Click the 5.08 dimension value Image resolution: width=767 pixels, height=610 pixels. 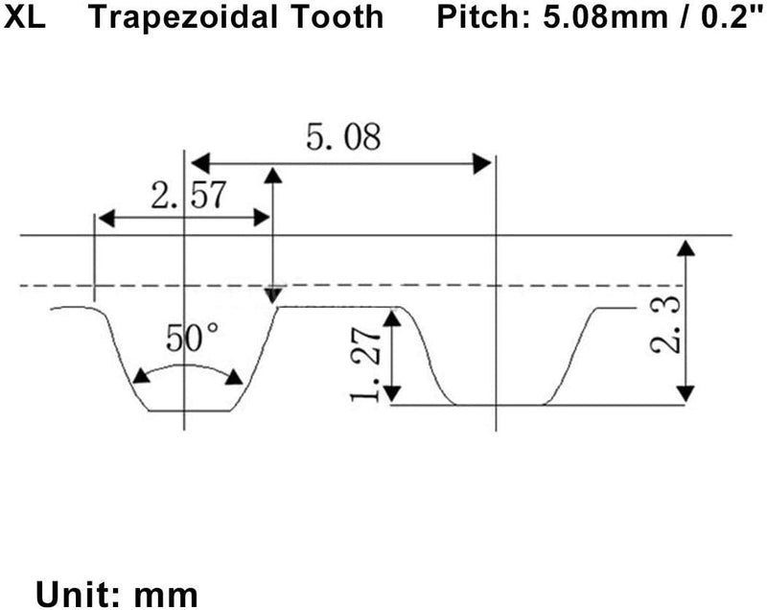click(x=343, y=137)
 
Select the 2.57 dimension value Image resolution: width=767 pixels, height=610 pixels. click(x=189, y=195)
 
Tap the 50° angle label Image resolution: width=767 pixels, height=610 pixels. click(x=193, y=338)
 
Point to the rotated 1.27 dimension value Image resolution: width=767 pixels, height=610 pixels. click(x=366, y=364)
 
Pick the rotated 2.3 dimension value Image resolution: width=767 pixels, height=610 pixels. click(x=665, y=324)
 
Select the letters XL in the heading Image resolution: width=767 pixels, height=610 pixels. click(x=25, y=16)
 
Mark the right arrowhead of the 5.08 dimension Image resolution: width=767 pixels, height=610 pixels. click(x=482, y=163)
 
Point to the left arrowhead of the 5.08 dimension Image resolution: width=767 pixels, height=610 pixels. click(x=200, y=163)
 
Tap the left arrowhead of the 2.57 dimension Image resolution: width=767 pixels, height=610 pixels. click(x=106, y=218)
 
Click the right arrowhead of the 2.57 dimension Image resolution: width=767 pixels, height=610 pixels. click(x=262, y=218)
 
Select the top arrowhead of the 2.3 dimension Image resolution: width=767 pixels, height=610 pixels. click(x=686, y=247)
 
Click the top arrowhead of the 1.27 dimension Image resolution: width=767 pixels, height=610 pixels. click(x=392, y=318)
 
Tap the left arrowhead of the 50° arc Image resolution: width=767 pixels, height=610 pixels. click(x=141, y=376)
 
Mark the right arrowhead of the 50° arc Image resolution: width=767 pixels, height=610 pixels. click(x=234, y=377)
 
